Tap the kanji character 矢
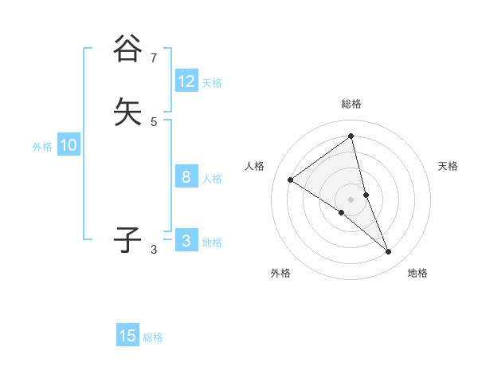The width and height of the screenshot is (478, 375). [x=127, y=112]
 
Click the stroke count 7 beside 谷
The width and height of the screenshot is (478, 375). [x=153, y=57]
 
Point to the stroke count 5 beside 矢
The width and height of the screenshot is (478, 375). [x=153, y=121]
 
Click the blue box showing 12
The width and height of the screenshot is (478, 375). [x=186, y=81]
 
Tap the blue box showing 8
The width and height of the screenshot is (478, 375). [x=186, y=177]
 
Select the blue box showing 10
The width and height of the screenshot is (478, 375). [x=69, y=145]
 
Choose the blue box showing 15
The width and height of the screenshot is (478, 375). [x=127, y=336]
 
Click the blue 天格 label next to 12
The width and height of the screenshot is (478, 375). [x=212, y=83]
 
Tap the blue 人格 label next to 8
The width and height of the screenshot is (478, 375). [x=212, y=179]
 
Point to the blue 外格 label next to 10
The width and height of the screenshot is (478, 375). [x=42, y=147]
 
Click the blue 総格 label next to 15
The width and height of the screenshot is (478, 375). [x=153, y=337]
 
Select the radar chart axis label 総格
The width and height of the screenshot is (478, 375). [x=351, y=104]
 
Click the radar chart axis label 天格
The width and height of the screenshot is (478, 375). [x=449, y=166]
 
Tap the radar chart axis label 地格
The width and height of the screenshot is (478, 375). [x=417, y=273]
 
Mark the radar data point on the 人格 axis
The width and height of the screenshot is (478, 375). [x=291, y=180]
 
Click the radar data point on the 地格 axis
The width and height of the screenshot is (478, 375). [x=389, y=252]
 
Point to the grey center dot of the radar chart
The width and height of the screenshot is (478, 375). [x=351, y=199]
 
